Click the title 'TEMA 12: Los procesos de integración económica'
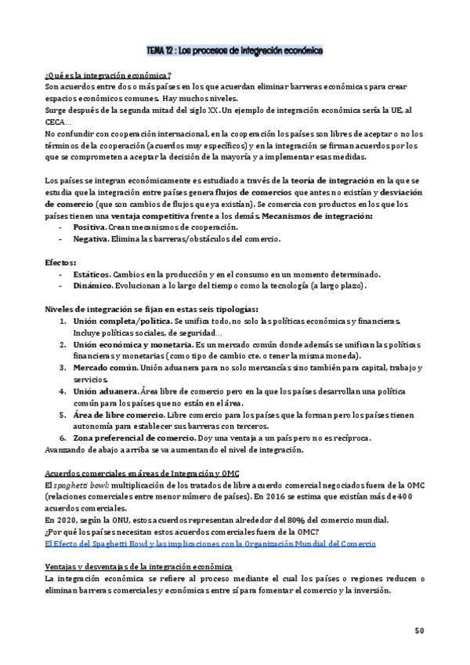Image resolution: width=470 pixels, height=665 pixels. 235,51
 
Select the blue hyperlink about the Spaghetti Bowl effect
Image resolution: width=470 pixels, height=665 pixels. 210,543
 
